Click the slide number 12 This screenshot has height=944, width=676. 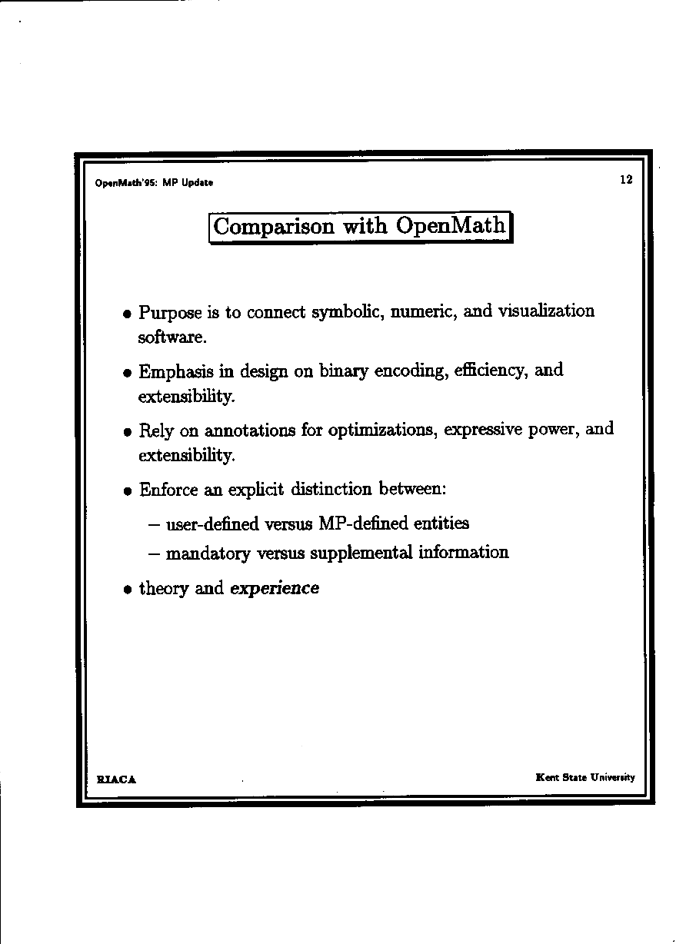[625, 180]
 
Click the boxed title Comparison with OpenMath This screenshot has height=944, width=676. [360, 227]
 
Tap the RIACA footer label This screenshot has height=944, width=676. [116, 779]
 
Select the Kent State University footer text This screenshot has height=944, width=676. [585, 777]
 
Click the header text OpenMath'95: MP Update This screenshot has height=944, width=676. [154, 183]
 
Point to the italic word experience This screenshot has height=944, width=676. [275, 589]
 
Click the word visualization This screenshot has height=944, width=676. [546, 311]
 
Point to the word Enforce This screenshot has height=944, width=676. [167, 490]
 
